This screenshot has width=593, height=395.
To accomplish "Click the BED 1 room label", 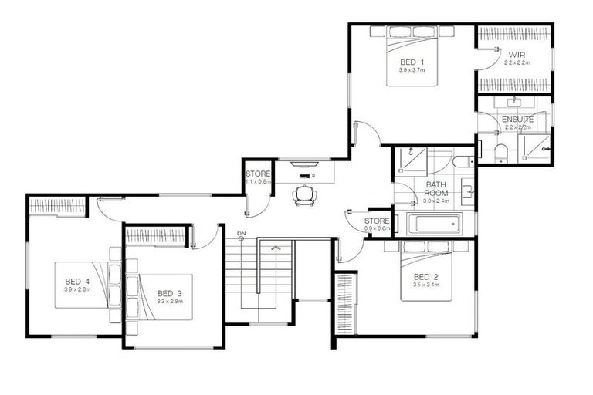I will coord(412,62).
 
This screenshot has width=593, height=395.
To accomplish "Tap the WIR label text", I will coord(516,54).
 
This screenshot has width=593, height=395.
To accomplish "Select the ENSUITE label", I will coord(517,120).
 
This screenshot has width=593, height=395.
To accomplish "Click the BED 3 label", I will coord(169,293).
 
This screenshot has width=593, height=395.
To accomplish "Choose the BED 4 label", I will coord(78,281).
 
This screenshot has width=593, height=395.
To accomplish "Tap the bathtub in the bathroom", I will coord(435,225).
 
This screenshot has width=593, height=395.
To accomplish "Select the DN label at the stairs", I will coord(241,233).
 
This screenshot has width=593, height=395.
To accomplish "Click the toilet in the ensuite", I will coord(500,151).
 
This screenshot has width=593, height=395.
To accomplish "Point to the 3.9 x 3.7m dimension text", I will coord(412,70).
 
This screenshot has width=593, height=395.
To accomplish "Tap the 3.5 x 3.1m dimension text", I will coord(425,285).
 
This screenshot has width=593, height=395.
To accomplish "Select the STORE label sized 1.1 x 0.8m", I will coord(258,174).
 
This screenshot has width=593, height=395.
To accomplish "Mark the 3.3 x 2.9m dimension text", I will coord(169,302).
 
